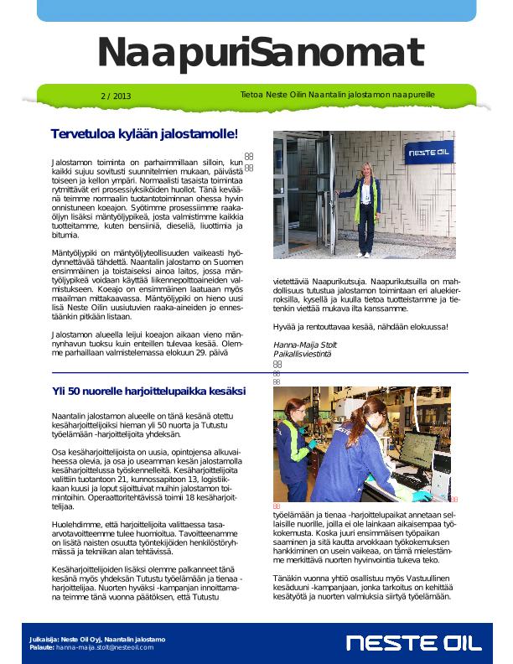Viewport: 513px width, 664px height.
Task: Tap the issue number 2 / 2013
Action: point(116,96)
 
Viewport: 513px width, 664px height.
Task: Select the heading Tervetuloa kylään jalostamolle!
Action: point(144,134)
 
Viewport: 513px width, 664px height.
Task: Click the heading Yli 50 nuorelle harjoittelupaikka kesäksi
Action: point(148,392)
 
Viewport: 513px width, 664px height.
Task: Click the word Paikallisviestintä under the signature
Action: point(303,355)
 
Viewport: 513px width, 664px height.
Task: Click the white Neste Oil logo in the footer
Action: point(414,644)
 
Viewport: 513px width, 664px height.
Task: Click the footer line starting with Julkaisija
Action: point(97,640)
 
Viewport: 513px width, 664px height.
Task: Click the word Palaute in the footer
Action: point(41,648)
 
